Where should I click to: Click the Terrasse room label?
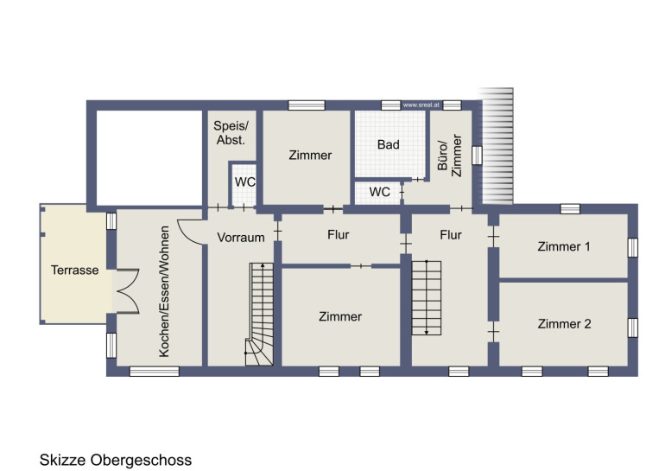tap(74, 270)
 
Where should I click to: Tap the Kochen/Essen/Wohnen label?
tap(164, 291)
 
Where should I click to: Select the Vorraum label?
tap(241, 237)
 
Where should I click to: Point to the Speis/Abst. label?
tap(231, 132)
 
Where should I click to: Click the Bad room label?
tap(389, 144)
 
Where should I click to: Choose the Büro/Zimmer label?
tap(450, 156)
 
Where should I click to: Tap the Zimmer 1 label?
tap(564, 246)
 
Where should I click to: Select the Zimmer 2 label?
tap(564, 324)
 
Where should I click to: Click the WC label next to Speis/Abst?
tap(245, 182)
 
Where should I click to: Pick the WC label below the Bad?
tap(380, 192)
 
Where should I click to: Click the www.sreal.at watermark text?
tap(421, 105)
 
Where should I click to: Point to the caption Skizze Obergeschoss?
tap(116, 460)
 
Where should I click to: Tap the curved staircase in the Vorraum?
tap(259, 314)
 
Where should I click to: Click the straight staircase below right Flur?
tap(427, 298)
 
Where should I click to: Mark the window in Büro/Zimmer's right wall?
tap(477, 156)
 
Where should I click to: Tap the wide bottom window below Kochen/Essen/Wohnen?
tap(155, 372)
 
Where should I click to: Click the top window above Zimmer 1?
tap(570, 209)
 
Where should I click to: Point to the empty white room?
tap(149, 158)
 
